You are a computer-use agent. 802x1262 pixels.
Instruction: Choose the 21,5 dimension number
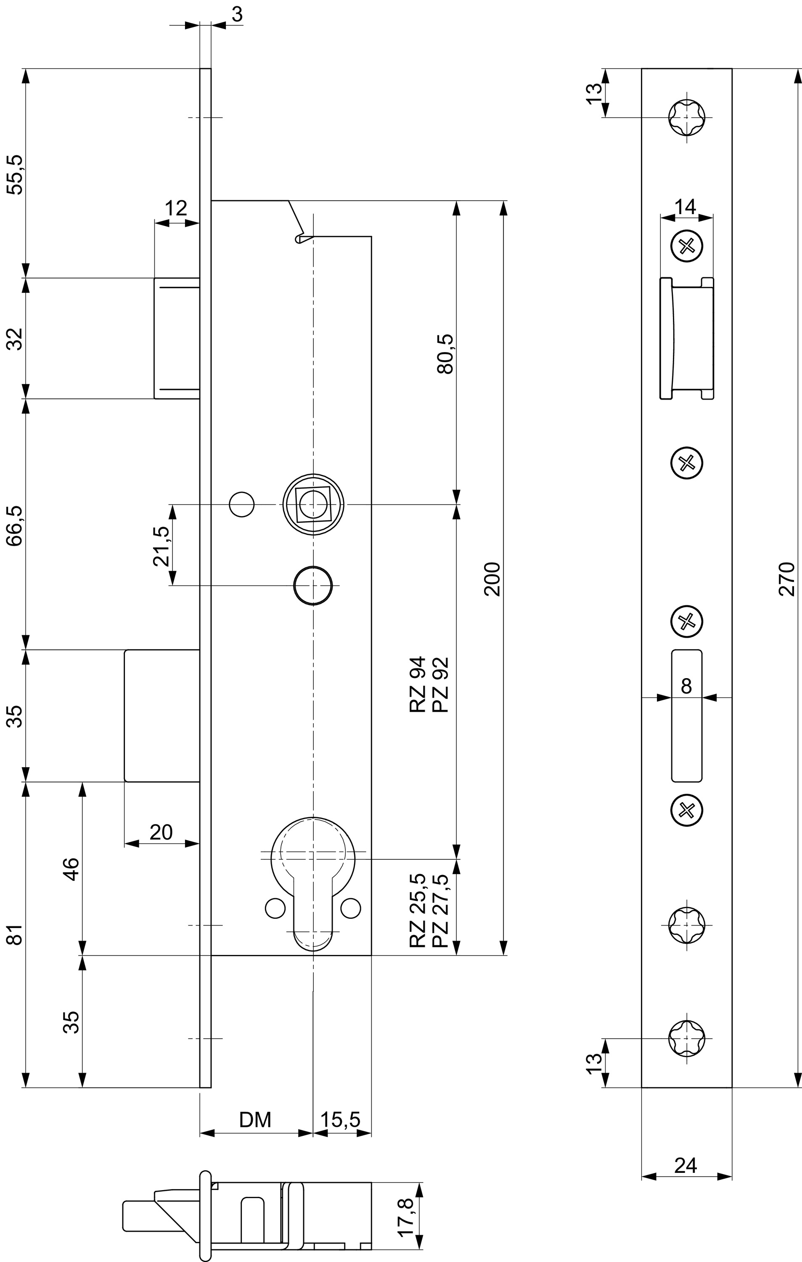(x=161, y=546)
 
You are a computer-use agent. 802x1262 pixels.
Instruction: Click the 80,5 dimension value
(x=445, y=354)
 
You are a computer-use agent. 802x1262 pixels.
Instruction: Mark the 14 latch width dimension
(x=685, y=207)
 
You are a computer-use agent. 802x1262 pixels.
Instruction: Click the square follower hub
(x=313, y=505)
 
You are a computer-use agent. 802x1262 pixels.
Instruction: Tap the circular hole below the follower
(x=313, y=585)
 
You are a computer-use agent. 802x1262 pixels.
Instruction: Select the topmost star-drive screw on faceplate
(x=687, y=117)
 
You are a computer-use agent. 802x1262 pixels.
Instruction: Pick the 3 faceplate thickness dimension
(x=237, y=14)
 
